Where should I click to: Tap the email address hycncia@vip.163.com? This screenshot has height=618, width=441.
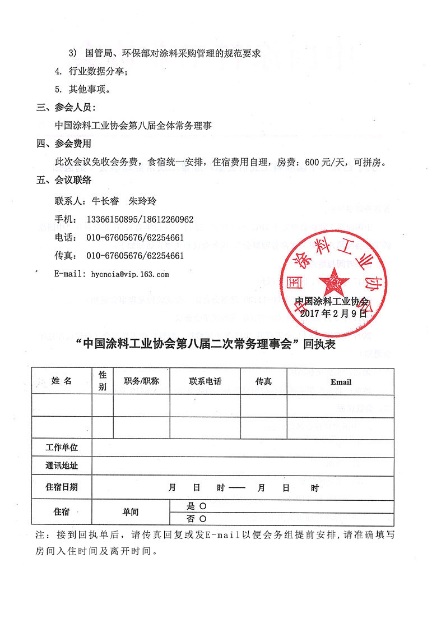128,274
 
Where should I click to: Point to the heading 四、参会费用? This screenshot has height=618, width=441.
63,144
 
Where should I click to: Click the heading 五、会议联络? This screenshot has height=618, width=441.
63,181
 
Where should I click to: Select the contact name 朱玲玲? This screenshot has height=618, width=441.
143,200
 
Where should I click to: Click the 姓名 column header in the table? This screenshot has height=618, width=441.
62,381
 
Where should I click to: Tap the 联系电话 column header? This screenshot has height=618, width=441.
205,381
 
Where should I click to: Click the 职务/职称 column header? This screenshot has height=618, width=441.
141,381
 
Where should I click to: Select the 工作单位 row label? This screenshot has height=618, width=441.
62,448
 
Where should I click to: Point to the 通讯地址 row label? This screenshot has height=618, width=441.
62,466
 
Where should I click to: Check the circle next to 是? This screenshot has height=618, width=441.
203,506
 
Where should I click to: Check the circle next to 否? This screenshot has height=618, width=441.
203,519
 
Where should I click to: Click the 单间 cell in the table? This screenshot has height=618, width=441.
131,512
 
